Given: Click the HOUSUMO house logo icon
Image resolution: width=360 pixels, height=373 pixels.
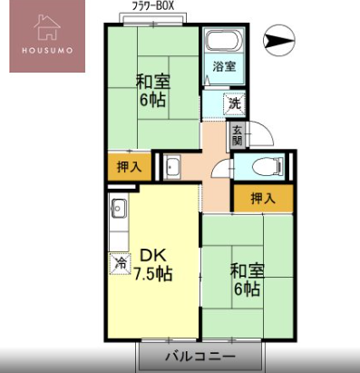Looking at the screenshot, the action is click(47, 27).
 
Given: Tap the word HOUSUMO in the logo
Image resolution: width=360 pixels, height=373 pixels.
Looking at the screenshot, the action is click(47, 50).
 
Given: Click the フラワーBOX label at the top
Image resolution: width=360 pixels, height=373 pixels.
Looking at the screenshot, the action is click(153, 6).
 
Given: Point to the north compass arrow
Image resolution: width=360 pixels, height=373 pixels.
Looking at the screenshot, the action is click(278, 41).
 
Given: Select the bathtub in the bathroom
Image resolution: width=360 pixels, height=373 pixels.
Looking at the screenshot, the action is click(224, 42).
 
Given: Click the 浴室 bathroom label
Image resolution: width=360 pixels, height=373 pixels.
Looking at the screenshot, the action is click(224, 66).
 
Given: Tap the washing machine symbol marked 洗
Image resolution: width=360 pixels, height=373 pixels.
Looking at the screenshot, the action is click(234, 103).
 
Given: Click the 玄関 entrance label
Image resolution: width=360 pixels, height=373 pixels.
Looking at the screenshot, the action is click(237, 135).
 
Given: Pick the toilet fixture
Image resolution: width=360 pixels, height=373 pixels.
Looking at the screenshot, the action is click(268, 167).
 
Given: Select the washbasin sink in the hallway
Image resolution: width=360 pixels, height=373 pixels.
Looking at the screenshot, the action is click(171, 167).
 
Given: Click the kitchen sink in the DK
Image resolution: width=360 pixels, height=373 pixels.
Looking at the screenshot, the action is click(119, 209).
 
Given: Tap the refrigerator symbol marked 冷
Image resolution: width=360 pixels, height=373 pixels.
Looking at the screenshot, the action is click(120, 263).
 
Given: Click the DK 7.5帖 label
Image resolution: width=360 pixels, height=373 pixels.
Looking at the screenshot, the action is click(153, 265).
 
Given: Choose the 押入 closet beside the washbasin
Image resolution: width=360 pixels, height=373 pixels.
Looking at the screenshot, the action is click(130, 167).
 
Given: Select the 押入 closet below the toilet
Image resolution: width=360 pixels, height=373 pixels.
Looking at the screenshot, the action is click(263, 198).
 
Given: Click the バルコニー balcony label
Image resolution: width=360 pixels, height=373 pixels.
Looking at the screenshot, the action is click(199, 356).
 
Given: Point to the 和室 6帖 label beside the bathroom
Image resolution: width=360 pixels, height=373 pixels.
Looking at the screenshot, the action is click(153, 91).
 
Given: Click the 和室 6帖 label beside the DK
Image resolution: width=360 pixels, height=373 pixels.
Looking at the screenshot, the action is click(248, 280).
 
